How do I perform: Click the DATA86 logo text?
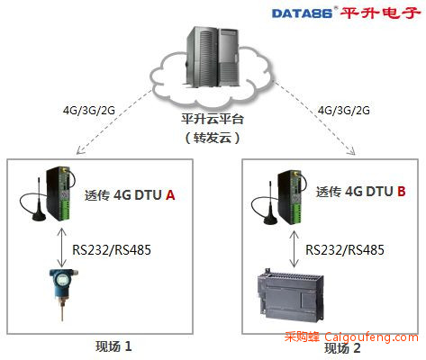pos(302,13)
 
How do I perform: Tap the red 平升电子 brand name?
pos(380,13)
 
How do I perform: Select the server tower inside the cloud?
pos(213,57)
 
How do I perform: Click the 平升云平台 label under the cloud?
pos(213,119)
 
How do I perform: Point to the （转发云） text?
pos(213,138)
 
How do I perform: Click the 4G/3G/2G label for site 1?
pos(89,111)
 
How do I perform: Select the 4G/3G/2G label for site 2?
pos(344,111)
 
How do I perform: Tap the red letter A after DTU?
pos(170,195)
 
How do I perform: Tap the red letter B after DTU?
pos(402,191)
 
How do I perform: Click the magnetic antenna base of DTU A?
pos(39,217)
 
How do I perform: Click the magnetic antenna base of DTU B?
pos(270,220)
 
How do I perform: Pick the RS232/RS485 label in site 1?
pos(112,250)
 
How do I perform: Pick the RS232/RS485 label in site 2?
pos(345,250)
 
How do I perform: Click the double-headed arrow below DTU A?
pos(62,247)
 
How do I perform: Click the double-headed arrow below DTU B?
pos(294,249)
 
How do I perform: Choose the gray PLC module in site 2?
pos(290,295)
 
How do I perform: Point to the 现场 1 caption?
pos(113,346)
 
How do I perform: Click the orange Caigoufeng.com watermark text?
pos(371,337)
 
